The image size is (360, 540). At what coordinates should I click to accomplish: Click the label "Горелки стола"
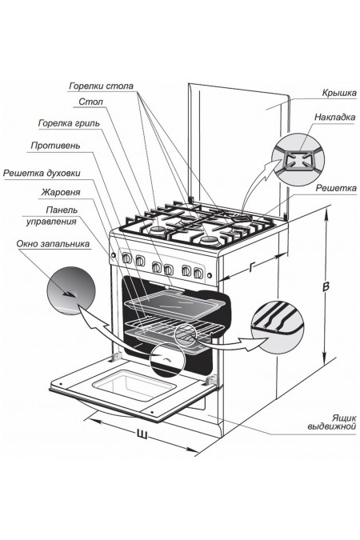click(x=102, y=86)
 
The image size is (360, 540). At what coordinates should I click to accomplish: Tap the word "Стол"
click(x=90, y=102)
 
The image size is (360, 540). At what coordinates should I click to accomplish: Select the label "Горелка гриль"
click(x=69, y=123)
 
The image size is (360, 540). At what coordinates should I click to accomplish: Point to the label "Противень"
click(x=55, y=146)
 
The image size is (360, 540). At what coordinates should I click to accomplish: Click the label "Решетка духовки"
click(x=42, y=173)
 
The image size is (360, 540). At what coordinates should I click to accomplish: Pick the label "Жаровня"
click(x=61, y=192)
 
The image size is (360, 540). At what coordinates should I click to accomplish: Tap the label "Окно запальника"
click(x=53, y=244)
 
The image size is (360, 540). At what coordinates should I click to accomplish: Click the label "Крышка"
click(x=339, y=93)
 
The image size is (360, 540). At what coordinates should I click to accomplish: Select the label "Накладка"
click(x=334, y=117)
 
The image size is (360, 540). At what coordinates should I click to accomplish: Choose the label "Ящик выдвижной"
click(x=332, y=422)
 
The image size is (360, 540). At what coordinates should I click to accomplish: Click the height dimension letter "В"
click(x=326, y=286)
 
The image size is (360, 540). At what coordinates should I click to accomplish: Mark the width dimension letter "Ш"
click(x=142, y=434)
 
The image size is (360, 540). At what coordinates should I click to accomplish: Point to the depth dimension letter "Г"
click(x=253, y=267)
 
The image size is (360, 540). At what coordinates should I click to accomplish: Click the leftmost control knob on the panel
click(x=126, y=258)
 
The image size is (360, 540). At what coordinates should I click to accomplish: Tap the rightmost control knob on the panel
click(x=198, y=273)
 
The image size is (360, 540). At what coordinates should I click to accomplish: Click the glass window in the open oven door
click(x=134, y=385)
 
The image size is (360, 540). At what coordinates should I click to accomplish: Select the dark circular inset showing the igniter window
click(x=71, y=290)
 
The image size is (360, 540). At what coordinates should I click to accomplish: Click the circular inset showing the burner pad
click(x=298, y=160)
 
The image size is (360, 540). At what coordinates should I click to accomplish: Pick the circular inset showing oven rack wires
click(x=278, y=327)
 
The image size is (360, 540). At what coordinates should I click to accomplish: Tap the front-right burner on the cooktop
click(x=209, y=240)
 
